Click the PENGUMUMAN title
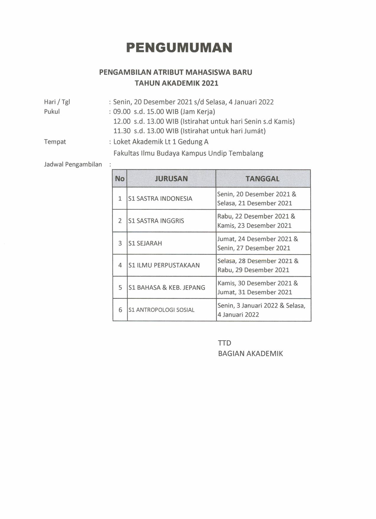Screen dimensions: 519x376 [179, 47]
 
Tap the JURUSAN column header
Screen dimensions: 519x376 [171, 179]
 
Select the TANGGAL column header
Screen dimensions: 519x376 [263, 179]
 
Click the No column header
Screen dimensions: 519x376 [120, 179]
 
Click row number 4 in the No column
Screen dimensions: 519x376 [120, 265]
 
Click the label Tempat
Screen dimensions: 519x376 [55, 142]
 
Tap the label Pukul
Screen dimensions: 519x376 [52, 112]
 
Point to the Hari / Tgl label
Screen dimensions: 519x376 [57, 102]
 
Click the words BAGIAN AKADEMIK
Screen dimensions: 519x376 [250, 354]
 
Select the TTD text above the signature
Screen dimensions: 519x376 [224, 343]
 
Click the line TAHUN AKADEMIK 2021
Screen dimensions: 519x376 [176, 83]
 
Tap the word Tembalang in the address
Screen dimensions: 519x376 [246, 153]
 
